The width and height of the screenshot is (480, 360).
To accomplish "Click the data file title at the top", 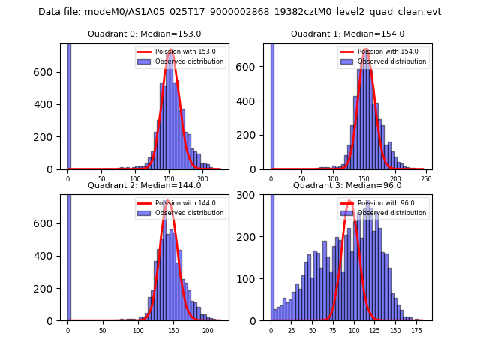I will pos(240,12).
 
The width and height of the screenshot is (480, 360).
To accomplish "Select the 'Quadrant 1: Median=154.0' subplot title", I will pos(347,34).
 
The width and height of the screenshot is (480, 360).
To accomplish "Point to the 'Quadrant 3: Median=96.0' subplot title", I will pos(347,185).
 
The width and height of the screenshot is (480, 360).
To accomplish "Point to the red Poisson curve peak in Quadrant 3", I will pos(350,202).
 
